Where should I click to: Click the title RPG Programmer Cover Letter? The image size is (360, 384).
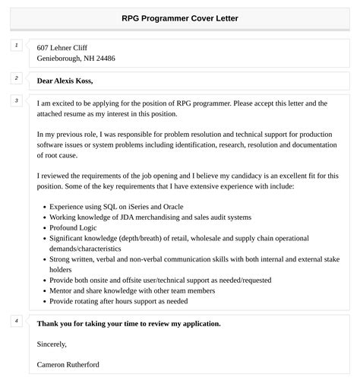tap(179, 18)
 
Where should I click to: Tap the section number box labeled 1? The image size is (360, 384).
tap(16, 46)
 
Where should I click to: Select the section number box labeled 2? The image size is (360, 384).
tap(16, 78)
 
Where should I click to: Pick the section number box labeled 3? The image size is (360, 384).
tap(16, 101)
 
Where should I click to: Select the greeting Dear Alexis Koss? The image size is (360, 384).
tap(70, 80)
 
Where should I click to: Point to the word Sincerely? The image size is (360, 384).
tap(52, 344)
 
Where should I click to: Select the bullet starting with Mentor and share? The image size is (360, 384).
tap(131, 290)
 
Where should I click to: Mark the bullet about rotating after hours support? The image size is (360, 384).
tap(118, 301)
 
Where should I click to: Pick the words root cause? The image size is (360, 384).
tap(54, 155)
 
